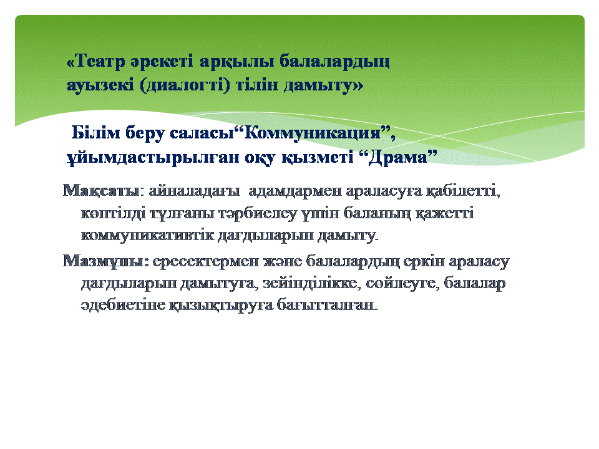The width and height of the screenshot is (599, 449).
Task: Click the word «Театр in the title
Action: click(x=96, y=61)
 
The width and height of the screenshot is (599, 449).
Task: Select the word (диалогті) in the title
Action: click(x=185, y=85)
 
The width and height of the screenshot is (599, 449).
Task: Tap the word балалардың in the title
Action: click(x=334, y=62)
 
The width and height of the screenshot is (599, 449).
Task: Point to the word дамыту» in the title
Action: click(x=323, y=85)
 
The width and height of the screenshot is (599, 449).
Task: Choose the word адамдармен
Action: click(x=295, y=190)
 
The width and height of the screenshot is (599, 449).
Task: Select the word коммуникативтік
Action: click(x=147, y=235)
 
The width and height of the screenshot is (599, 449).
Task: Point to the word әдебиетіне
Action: click(x=123, y=305)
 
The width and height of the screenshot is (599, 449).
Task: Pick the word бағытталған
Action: click(x=328, y=305)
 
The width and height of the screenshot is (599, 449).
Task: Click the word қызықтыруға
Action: click(x=221, y=306)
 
